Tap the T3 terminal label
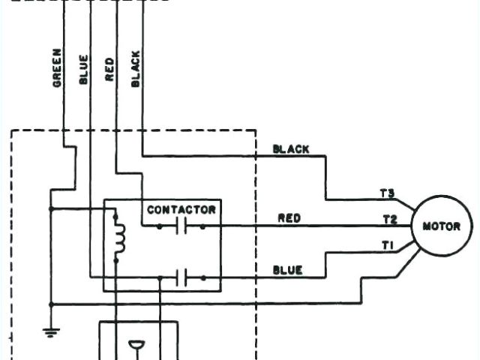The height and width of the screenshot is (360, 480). tap(387, 194)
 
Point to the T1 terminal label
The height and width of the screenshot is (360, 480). tap(387, 244)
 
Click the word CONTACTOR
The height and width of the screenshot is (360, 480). tap(181, 210)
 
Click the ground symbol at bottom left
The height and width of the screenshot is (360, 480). tap(49, 330)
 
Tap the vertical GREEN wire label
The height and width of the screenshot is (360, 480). tap(57, 69)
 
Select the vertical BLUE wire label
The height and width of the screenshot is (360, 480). tap(82, 69)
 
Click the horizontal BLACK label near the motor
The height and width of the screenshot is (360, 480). tap(290, 150)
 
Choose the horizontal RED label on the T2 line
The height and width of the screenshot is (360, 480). tap(289, 218)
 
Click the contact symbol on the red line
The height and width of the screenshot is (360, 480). tap(181, 226)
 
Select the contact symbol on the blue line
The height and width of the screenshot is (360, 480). tap(181, 278)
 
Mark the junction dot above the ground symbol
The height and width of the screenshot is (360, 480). tap(49, 304)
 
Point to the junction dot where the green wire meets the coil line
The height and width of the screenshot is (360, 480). tap(49, 208)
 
